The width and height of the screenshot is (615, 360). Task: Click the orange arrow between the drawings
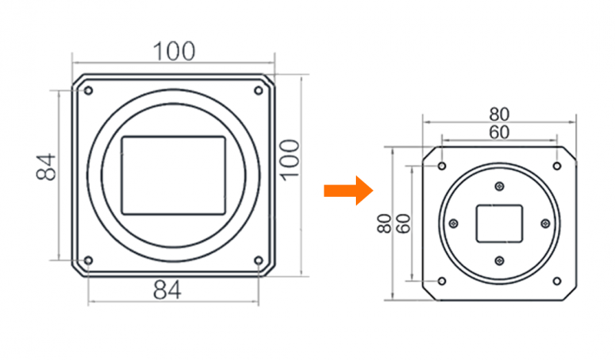(x=348, y=191)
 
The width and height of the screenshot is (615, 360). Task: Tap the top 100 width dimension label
(x=174, y=52)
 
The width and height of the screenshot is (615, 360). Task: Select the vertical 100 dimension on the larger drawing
(x=291, y=160)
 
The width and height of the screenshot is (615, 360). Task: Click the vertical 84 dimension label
(x=46, y=167)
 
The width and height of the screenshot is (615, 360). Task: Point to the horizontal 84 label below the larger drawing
(x=167, y=290)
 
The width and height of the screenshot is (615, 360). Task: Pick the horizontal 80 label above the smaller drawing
(x=499, y=115)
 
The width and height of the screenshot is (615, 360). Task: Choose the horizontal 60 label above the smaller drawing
(x=499, y=132)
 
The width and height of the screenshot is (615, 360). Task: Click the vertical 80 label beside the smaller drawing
(x=384, y=223)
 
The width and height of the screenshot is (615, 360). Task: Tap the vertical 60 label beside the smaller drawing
(x=403, y=223)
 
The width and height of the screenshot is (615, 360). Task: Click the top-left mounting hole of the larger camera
(x=88, y=91)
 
